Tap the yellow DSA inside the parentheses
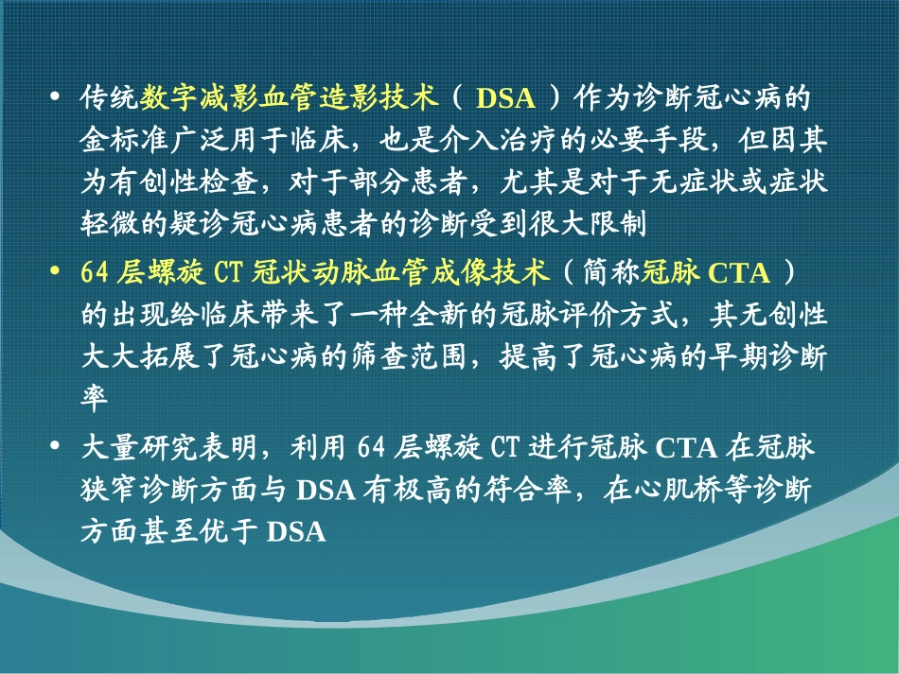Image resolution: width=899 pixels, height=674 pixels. [x=505, y=98]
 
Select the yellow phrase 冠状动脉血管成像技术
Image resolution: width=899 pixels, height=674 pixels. [x=400, y=272]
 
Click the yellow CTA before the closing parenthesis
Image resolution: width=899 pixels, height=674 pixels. [x=739, y=273]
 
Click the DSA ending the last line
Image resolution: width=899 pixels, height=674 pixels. [x=296, y=532]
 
